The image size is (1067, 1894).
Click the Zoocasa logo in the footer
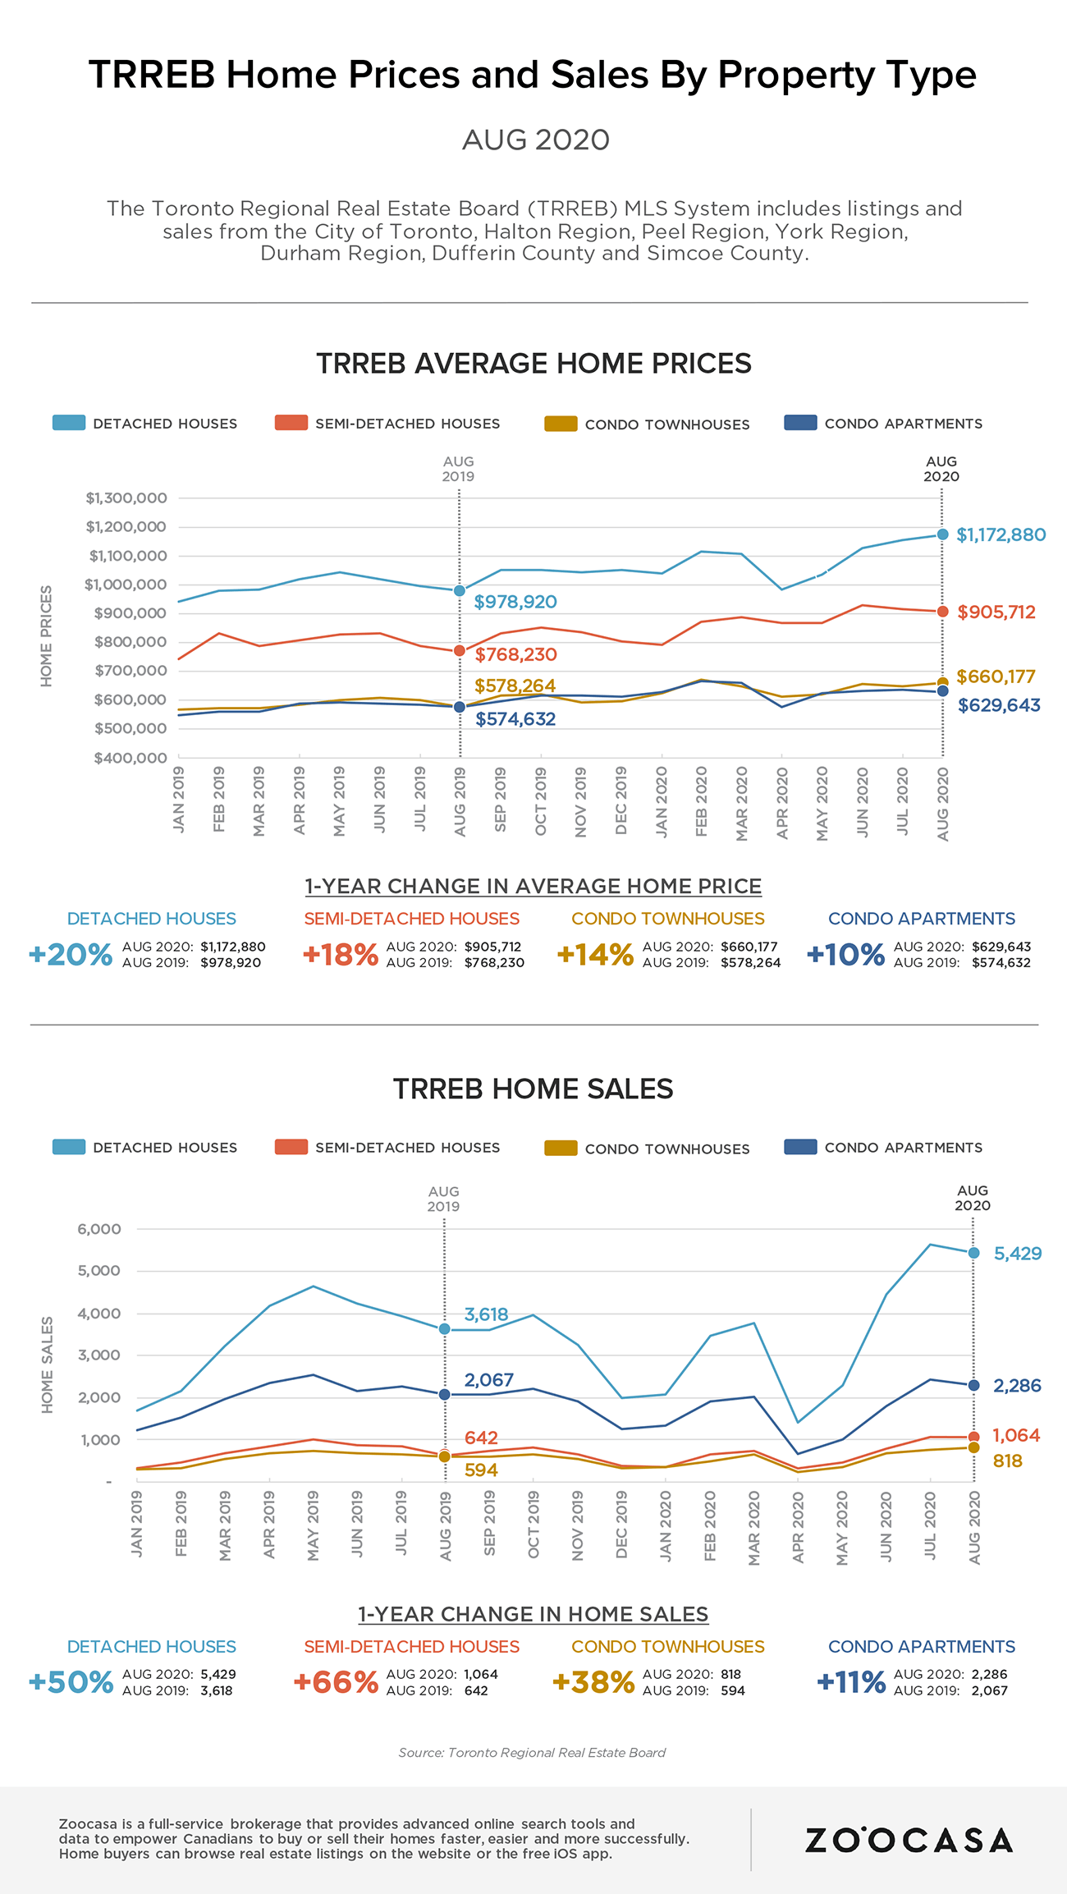click(x=909, y=1840)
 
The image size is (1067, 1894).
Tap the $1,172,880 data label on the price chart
click(x=1001, y=535)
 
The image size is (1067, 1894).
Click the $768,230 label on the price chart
click(x=515, y=654)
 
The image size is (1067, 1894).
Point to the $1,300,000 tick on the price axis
click(x=126, y=498)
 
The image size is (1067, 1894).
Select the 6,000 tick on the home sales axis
click(x=99, y=1229)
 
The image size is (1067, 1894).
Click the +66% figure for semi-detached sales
click(x=336, y=1682)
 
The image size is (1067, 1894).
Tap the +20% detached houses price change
click(x=71, y=955)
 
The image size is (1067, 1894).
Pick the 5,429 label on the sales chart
click(x=1017, y=1254)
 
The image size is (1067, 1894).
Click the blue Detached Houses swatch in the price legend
click(x=69, y=424)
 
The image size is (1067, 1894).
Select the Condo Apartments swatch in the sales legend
click(x=800, y=1148)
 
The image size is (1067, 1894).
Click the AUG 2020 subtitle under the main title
click(x=535, y=140)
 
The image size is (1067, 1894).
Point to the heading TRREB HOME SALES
click(x=533, y=1089)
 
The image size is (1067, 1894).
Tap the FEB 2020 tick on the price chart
click(x=701, y=801)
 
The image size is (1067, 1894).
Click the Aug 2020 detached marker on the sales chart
click(x=973, y=1253)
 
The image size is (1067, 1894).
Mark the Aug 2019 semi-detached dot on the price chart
click(x=460, y=651)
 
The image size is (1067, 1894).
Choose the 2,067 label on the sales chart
click(x=488, y=1380)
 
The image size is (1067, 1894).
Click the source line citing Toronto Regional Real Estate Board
click(x=532, y=1753)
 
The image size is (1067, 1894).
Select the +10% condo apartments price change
click(x=845, y=955)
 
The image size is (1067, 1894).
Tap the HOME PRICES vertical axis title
click(x=47, y=636)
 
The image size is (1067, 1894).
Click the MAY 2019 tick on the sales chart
click(x=313, y=1526)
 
